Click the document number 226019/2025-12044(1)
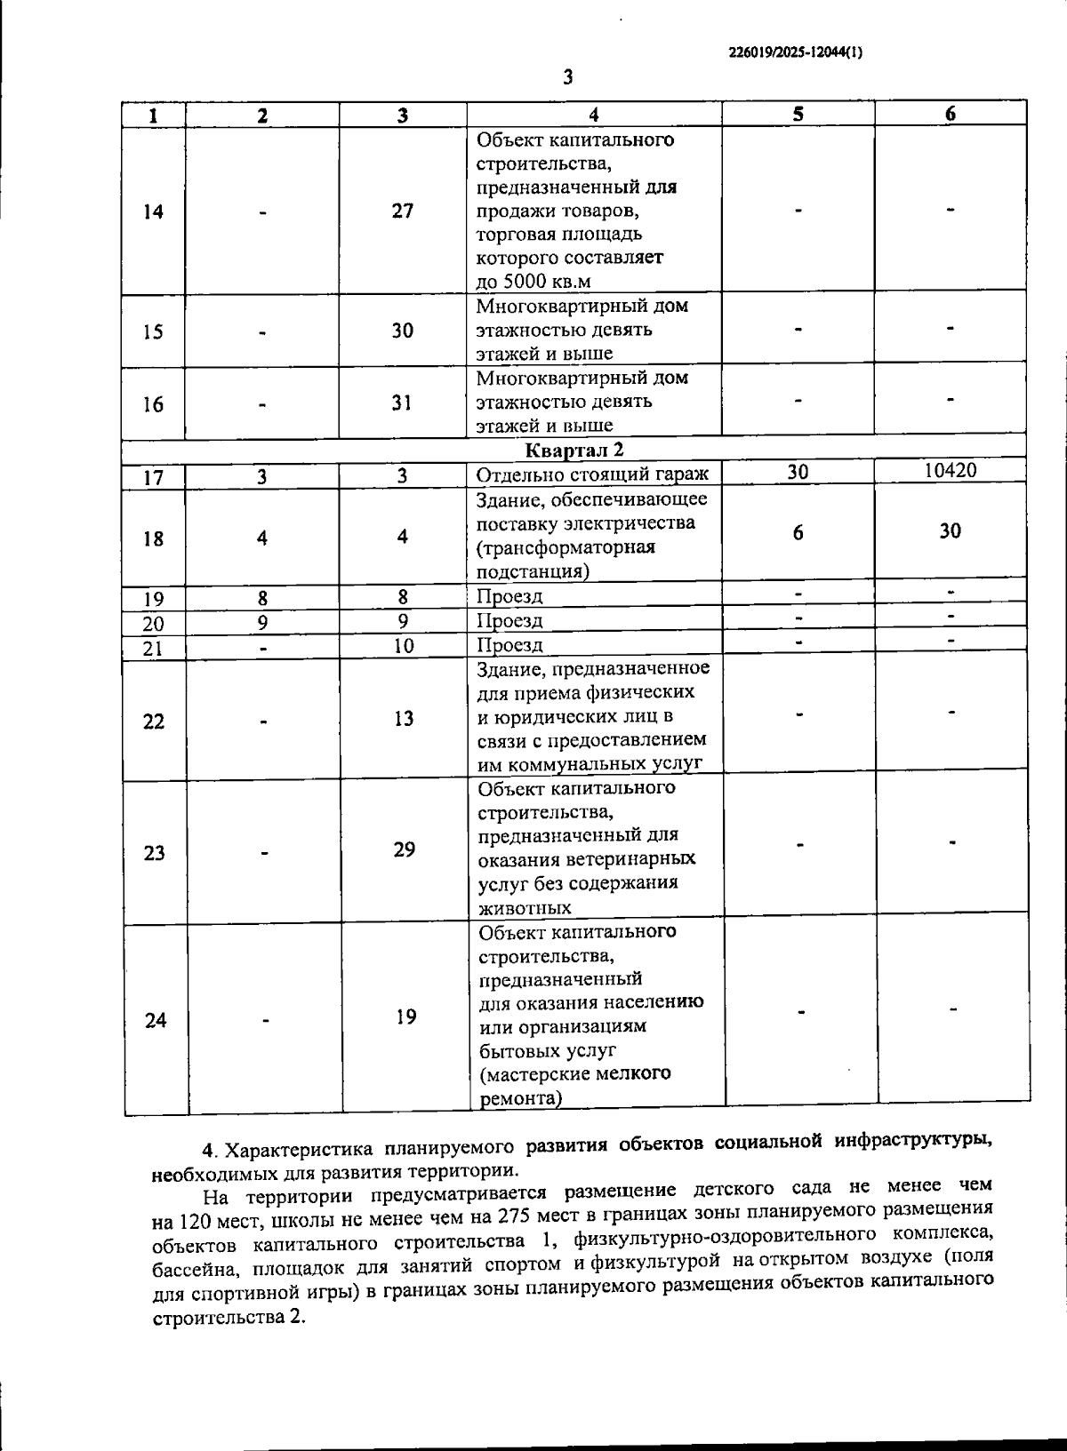tap(795, 52)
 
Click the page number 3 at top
tap(568, 78)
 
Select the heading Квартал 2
tap(574, 450)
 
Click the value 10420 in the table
tap(950, 471)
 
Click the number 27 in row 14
tap(403, 211)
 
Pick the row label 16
tap(153, 404)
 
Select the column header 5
tap(798, 114)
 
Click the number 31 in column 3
tap(403, 403)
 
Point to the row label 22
tap(153, 722)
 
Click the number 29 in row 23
tap(405, 849)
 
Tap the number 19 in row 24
tap(405, 1016)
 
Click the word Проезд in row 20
tap(509, 620)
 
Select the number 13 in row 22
tap(404, 718)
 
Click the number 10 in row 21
tap(404, 646)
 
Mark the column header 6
tap(950, 114)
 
